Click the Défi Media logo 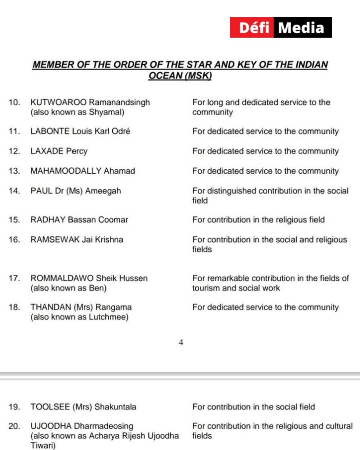coord(281,27)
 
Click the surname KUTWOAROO coord(58,102)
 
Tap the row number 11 coord(14,131)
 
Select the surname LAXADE coord(47,151)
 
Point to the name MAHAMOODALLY coord(66,171)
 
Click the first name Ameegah coord(103,191)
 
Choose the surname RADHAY coord(48,220)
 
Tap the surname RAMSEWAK coord(55,240)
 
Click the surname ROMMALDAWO coord(62,278)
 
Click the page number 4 coord(181,342)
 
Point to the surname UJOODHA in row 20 coord(51,426)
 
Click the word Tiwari coord(42,446)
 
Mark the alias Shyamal coord(106,112)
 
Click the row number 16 coord(14,240)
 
